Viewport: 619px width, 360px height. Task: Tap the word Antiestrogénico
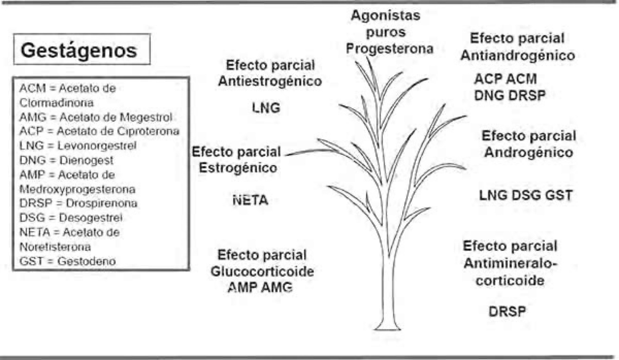tap(270, 81)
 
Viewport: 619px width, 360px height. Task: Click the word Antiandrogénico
tap(523, 56)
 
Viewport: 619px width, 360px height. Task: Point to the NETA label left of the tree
tap(250, 201)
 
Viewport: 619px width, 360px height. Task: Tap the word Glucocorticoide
tap(263, 272)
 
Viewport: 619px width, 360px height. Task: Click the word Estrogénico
tap(238, 167)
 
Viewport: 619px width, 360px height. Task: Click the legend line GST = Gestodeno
tap(68, 261)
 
